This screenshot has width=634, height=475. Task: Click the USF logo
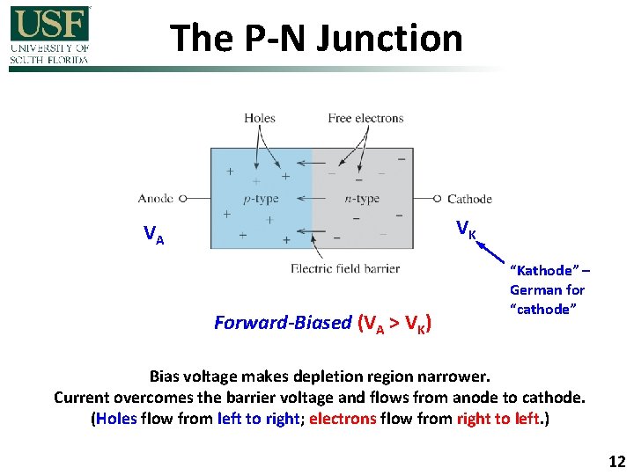[49, 34]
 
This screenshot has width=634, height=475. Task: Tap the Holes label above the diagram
[260, 118]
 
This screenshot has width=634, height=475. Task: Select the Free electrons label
[365, 118]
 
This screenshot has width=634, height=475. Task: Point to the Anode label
[156, 199]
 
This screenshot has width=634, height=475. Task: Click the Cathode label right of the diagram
[470, 199]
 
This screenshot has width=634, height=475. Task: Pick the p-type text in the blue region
[261, 199]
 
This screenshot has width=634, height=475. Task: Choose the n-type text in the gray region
[362, 199]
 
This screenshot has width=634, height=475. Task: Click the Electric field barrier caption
[345, 268]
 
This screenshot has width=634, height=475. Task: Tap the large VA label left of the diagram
[154, 234]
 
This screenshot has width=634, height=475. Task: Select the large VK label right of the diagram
[466, 230]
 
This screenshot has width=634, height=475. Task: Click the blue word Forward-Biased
[283, 323]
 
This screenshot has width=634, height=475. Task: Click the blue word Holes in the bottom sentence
[116, 419]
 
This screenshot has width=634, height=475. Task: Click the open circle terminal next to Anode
[183, 199]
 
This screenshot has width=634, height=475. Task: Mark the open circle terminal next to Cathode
[438, 199]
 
